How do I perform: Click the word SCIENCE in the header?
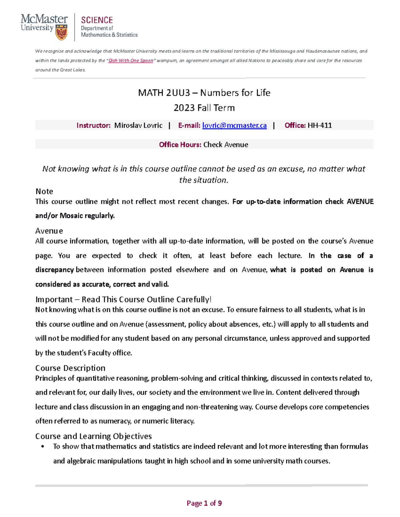pyautogui.click(x=97, y=20)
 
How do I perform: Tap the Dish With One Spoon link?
pyautogui.click(x=131, y=61)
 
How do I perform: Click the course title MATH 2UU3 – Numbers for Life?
pyautogui.click(x=204, y=93)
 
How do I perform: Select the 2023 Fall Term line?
pyautogui.click(x=204, y=108)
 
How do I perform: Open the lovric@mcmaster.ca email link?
pyautogui.click(x=234, y=126)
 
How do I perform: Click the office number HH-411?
pyautogui.click(x=320, y=126)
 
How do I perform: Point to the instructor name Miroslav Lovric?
pyautogui.click(x=138, y=126)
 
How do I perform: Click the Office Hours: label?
pyautogui.click(x=180, y=145)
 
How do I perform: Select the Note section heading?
pyautogui.click(x=44, y=191)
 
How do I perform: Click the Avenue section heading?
pyautogui.click(x=49, y=231)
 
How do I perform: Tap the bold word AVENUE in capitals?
pyautogui.click(x=360, y=202)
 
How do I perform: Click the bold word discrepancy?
pyautogui.click(x=54, y=270)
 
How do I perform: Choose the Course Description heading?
pyautogui.click(x=70, y=368)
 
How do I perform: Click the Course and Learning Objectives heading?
pyautogui.click(x=93, y=436)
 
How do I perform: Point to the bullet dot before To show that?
pyautogui.click(x=43, y=447)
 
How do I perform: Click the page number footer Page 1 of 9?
pyautogui.click(x=204, y=503)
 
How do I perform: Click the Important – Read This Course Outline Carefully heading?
pyautogui.click(x=123, y=300)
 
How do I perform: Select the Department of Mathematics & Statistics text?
pyautogui.click(x=109, y=32)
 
